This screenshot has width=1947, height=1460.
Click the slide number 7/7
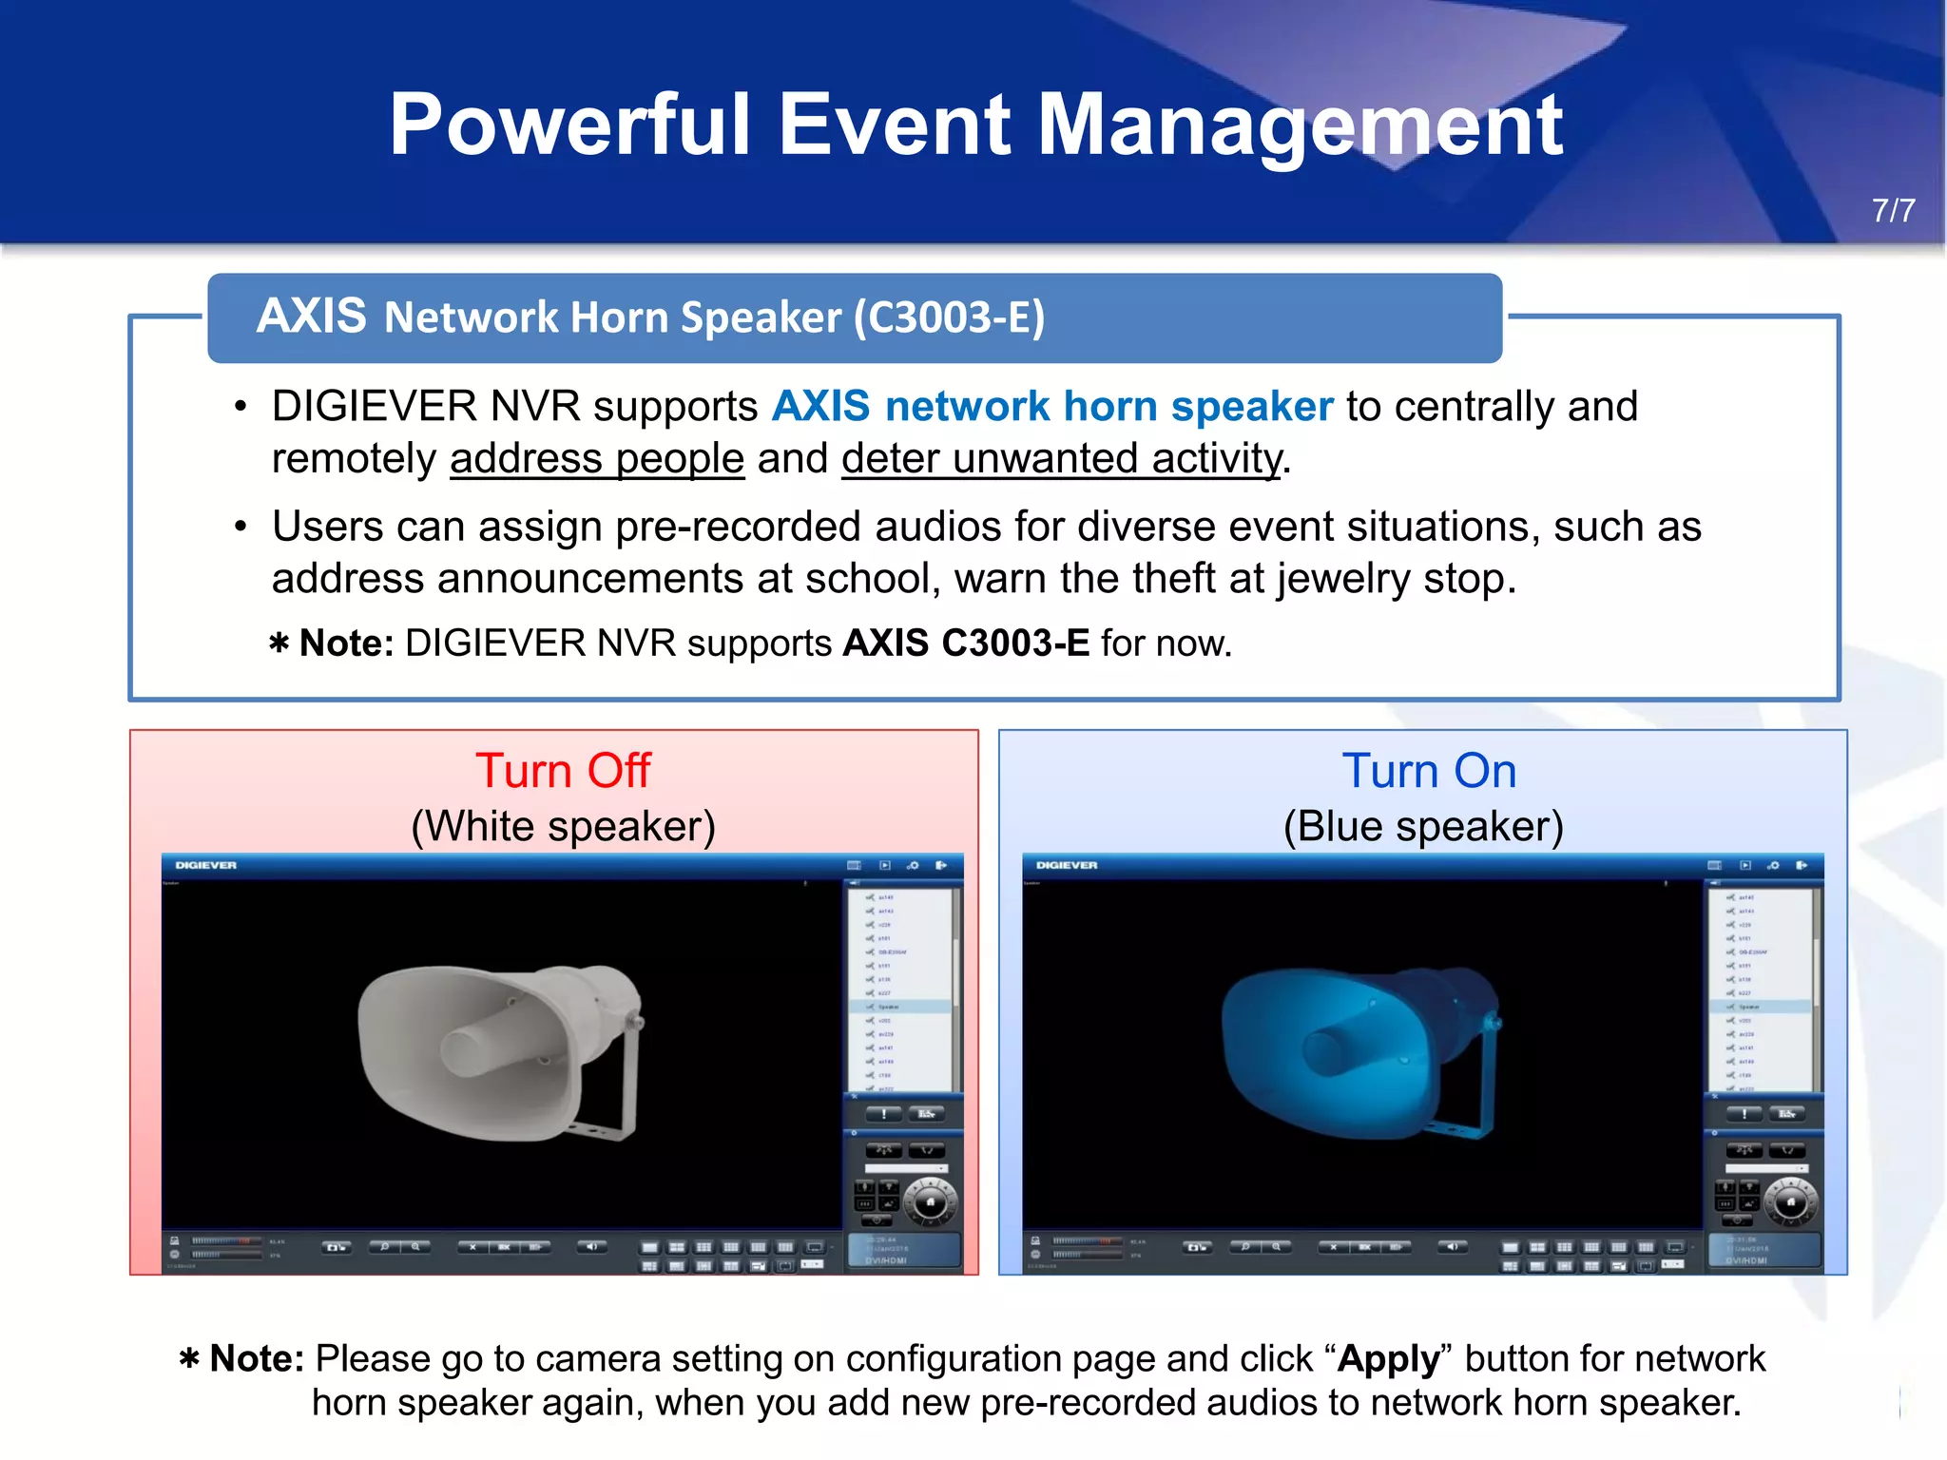[1893, 210]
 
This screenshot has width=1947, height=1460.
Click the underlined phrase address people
[597, 459]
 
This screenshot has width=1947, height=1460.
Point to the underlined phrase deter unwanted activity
[1061, 459]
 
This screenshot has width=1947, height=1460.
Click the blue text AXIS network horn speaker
[1052, 407]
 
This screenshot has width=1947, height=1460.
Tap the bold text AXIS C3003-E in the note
[966, 644]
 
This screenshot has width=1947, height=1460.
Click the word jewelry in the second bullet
[1342, 579]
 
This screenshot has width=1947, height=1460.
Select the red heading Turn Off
[563, 770]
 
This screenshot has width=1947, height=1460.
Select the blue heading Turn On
[1428, 770]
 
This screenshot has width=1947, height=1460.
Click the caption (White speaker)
[563, 826]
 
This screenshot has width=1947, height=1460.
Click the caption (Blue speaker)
[1423, 826]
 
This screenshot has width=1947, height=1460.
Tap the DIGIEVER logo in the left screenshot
[205, 865]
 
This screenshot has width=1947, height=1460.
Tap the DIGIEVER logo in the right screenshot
[1067, 865]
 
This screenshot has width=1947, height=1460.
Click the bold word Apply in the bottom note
[1388, 1359]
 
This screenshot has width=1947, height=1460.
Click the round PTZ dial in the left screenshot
[929, 1202]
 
